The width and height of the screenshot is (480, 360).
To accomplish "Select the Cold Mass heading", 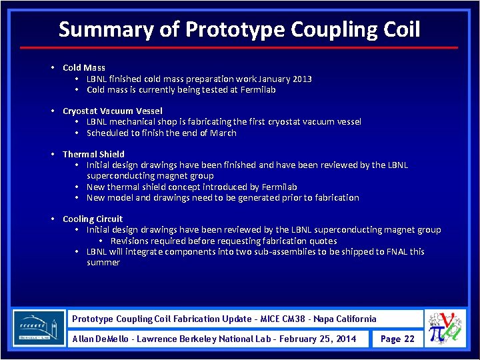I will (x=84, y=67).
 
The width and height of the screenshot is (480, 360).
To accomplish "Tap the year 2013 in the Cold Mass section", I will (x=301, y=79).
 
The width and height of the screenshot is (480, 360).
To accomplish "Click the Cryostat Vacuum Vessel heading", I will (x=112, y=111).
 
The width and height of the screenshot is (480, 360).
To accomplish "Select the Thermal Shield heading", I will (x=93, y=154).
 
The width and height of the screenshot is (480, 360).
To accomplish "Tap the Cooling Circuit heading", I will (x=93, y=219).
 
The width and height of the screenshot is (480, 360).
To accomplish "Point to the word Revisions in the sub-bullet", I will (x=129, y=241).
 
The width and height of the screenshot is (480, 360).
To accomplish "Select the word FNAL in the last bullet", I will (x=395, y=251).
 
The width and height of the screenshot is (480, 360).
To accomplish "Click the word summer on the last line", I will (x=103, y=262).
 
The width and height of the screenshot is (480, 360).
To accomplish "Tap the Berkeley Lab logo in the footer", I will (x=39, y=328).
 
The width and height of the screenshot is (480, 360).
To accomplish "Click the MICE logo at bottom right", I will (x=447, y=329).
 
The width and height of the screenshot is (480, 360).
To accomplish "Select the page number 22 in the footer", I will (x=409, y=339).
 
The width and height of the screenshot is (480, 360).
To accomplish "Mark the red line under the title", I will (x=239, y=48).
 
